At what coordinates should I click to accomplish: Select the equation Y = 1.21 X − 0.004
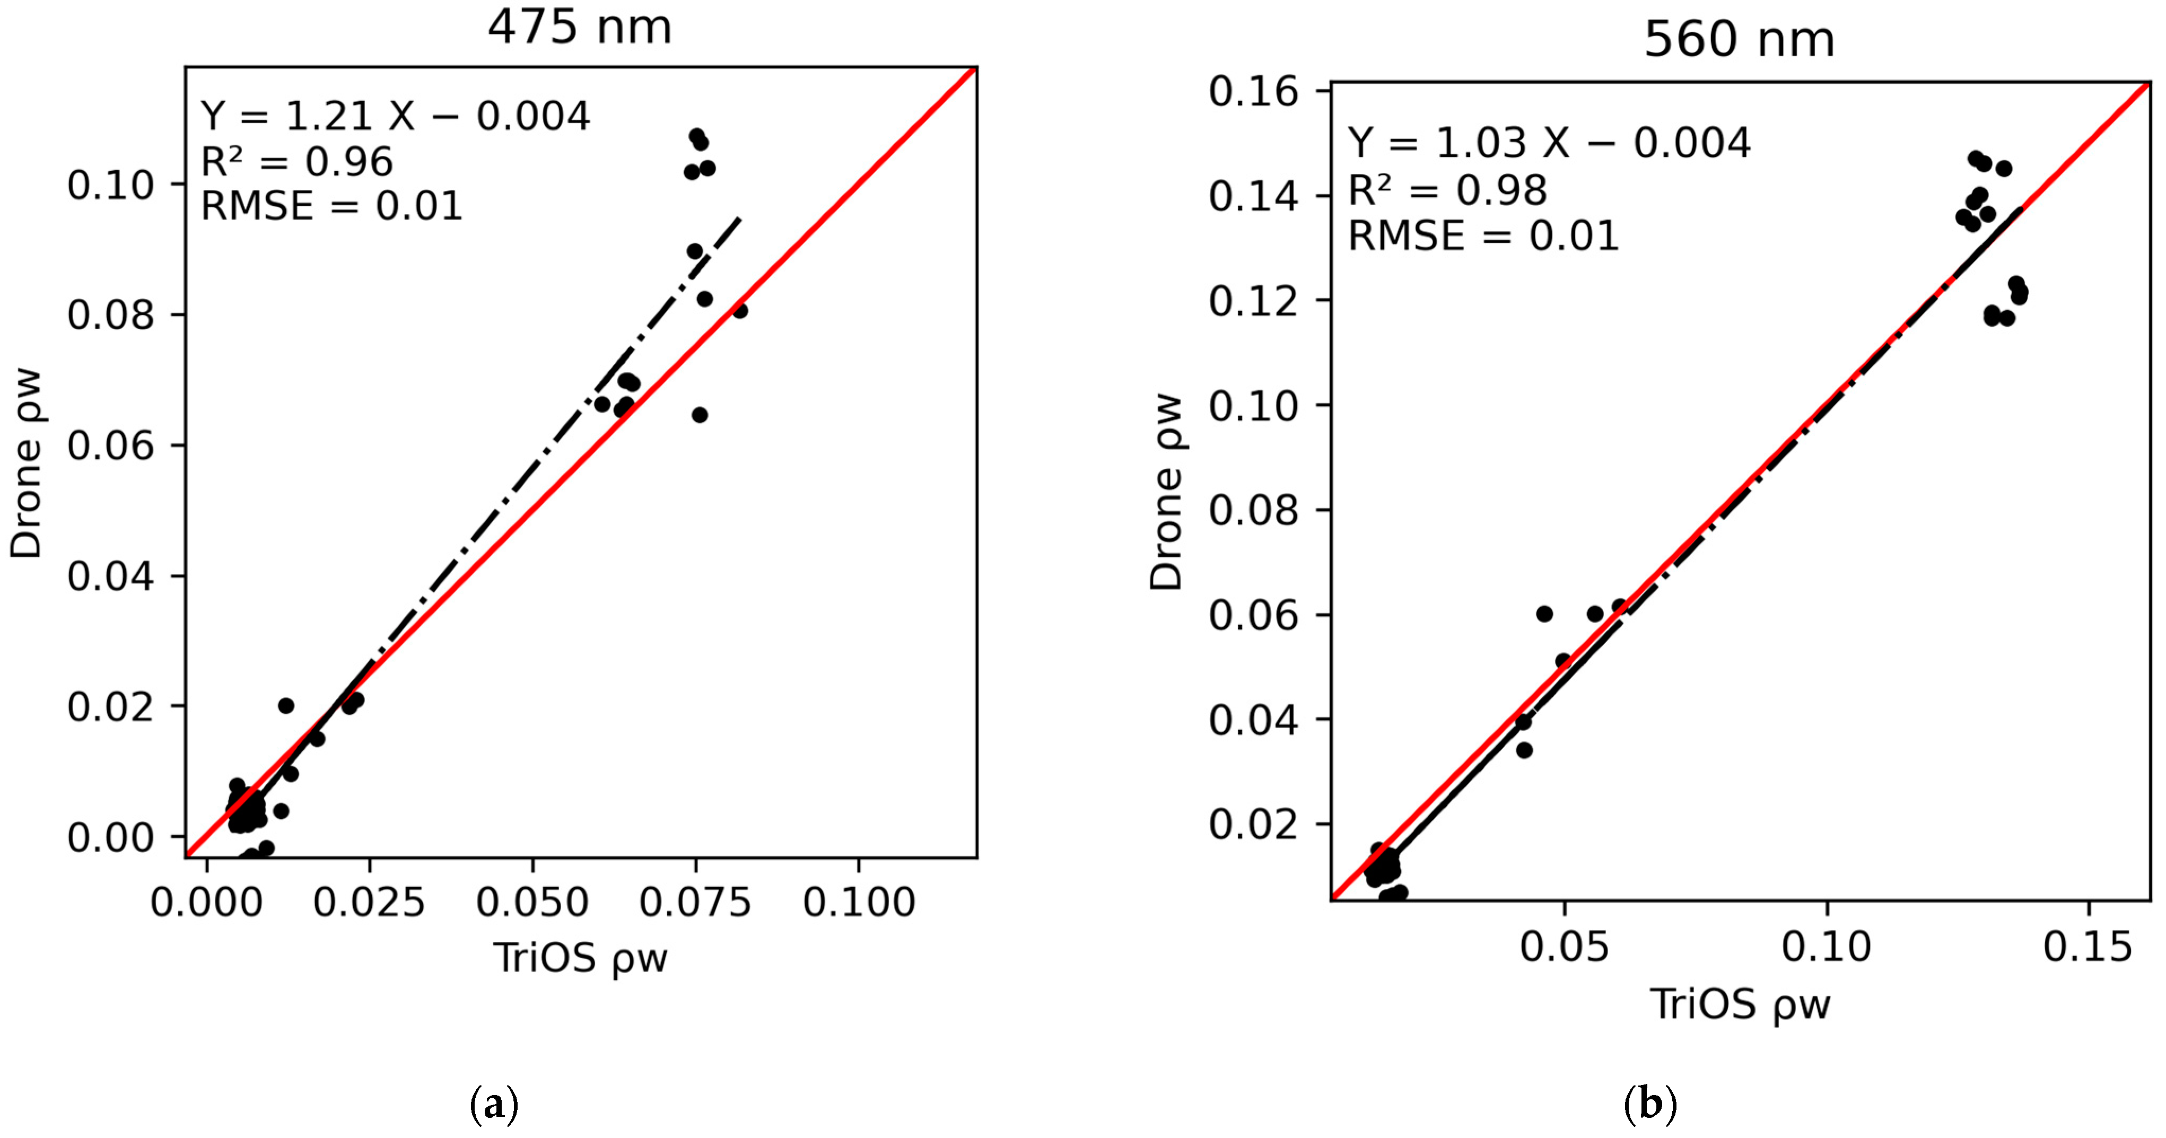[x=395, y=116]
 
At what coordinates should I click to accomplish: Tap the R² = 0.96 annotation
[x=297, y=161]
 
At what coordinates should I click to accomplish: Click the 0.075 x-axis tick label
[x=695, y=903]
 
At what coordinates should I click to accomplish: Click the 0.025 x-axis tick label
[x=369, y=903]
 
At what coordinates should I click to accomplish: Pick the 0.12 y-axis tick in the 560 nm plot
[x=1253, y=301]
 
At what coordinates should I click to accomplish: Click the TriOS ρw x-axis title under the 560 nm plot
[x=1740, y=1004]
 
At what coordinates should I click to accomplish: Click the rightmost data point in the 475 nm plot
[x=739, y=311]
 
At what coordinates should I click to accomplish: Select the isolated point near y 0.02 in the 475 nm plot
[x=286, y=705]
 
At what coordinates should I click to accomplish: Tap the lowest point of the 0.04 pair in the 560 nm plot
[x=1524, y=750]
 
